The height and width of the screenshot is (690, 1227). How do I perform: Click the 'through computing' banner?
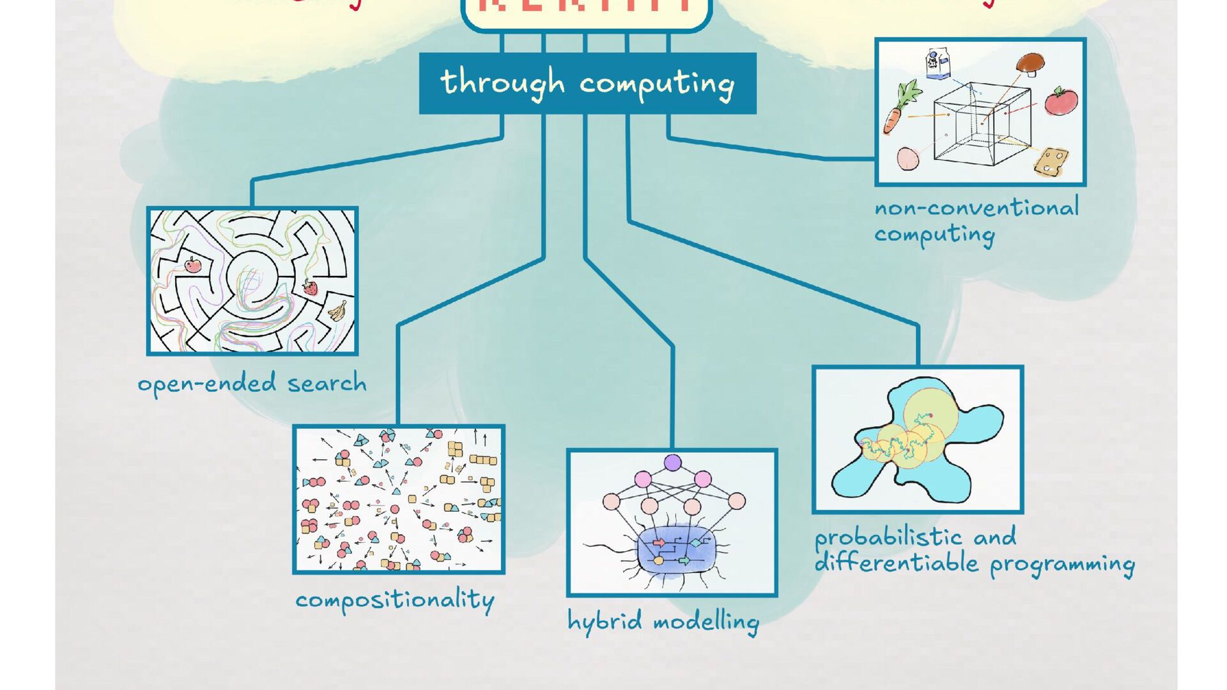pyautogui.click(x=587, y=84)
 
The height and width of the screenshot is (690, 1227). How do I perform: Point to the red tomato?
pyautogui.click(x=1061, y=101)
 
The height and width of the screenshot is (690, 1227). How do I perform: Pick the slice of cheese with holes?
pyautogui.click(x=1051, y=161)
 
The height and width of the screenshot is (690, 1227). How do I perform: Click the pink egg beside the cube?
pyautogui.click(x=907, y=158)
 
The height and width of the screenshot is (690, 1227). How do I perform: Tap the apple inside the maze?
pyautogui.click(x=192, y=264)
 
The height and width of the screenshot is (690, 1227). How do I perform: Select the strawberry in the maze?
pyautogui.click(x=310, y=287)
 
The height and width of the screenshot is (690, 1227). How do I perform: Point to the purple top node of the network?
pyautogui.click(x=672, y=463)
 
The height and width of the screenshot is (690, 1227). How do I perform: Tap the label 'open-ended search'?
pyautogui.click(x=252, y=384)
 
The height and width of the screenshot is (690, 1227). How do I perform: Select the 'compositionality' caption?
pyautogui.click(x=394, y=601)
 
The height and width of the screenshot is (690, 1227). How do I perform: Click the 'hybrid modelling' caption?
pyautogui.click(x=663, y=622)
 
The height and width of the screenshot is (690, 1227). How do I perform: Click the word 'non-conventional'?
pyautogui.click(x=976, y=208)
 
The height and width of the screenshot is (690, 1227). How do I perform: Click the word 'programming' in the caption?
pyautogui.click(x=1062, y=565)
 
